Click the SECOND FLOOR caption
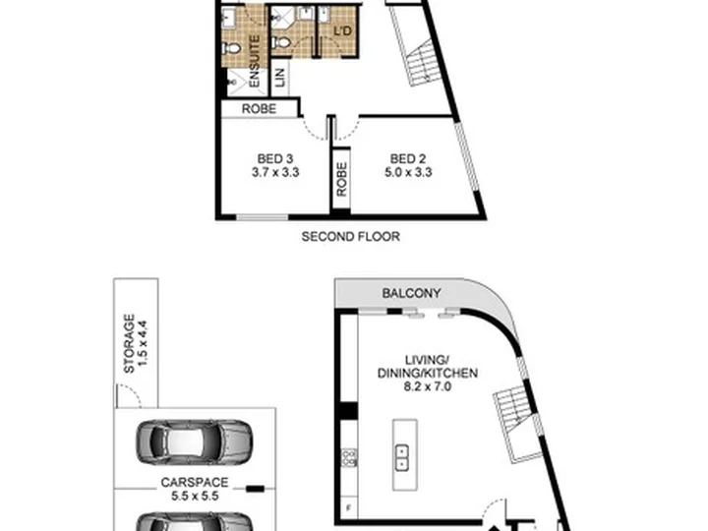pos(350,237)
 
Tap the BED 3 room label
pos(275,159)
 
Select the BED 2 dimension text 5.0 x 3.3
pos(408,172)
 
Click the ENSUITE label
pos(254,61)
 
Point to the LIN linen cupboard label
pos(280,78)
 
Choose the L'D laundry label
pos(342,31)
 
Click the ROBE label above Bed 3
pos(259,109)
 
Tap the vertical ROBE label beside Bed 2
pos(342,179)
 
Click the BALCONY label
pos(411,293)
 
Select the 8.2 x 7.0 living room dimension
pos(427,386)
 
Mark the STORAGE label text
pos(129,343)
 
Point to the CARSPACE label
pos(195,482)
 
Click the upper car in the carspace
pos(195,442)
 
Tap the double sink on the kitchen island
pos(402,457)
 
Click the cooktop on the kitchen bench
pos(349,457)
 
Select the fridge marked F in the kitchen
pos(348,508)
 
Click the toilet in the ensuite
pos(232,47)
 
